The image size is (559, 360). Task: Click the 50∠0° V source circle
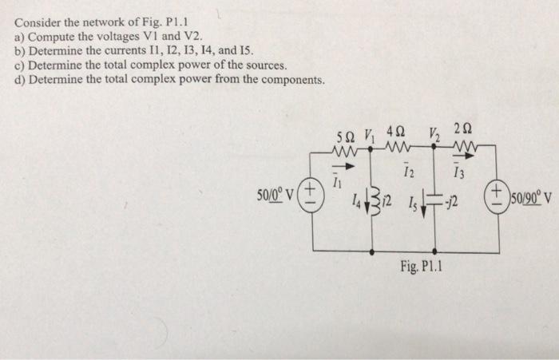[311, 193]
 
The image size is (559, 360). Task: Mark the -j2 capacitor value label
[450, 207]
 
